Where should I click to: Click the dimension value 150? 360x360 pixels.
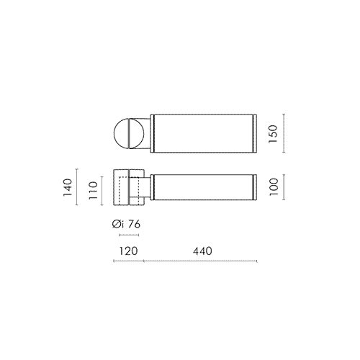273,134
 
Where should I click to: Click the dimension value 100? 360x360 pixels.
274,187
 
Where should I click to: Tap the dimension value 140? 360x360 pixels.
68,187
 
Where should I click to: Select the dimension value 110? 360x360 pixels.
93,191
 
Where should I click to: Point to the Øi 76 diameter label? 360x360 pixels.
126,224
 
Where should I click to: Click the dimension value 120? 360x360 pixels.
129,251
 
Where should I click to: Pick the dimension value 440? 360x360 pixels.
202,251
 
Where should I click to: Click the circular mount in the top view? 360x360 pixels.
129,133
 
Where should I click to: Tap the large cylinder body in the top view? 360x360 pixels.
204,134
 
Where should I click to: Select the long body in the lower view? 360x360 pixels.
204,187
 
